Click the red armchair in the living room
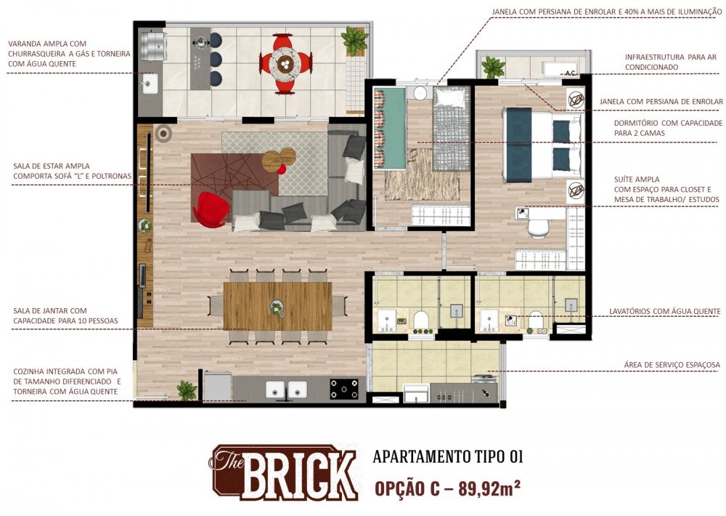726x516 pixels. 211,210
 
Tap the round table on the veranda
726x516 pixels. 285,63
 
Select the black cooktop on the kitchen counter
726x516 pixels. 344,389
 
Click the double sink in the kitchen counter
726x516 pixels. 286,390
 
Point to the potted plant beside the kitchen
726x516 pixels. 187,390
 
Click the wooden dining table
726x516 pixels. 277,306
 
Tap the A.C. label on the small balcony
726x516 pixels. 570,73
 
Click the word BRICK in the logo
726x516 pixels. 299,475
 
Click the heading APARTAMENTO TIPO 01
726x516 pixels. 448,456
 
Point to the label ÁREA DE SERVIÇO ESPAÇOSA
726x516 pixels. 672,365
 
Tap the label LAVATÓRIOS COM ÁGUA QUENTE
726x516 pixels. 665,311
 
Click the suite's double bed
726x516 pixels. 542,145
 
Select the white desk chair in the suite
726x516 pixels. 539,228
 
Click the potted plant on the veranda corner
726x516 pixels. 354,40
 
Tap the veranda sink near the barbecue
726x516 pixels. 150,84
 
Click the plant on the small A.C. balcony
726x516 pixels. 493,67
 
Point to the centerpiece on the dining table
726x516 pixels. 277,307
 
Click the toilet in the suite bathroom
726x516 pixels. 536,321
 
